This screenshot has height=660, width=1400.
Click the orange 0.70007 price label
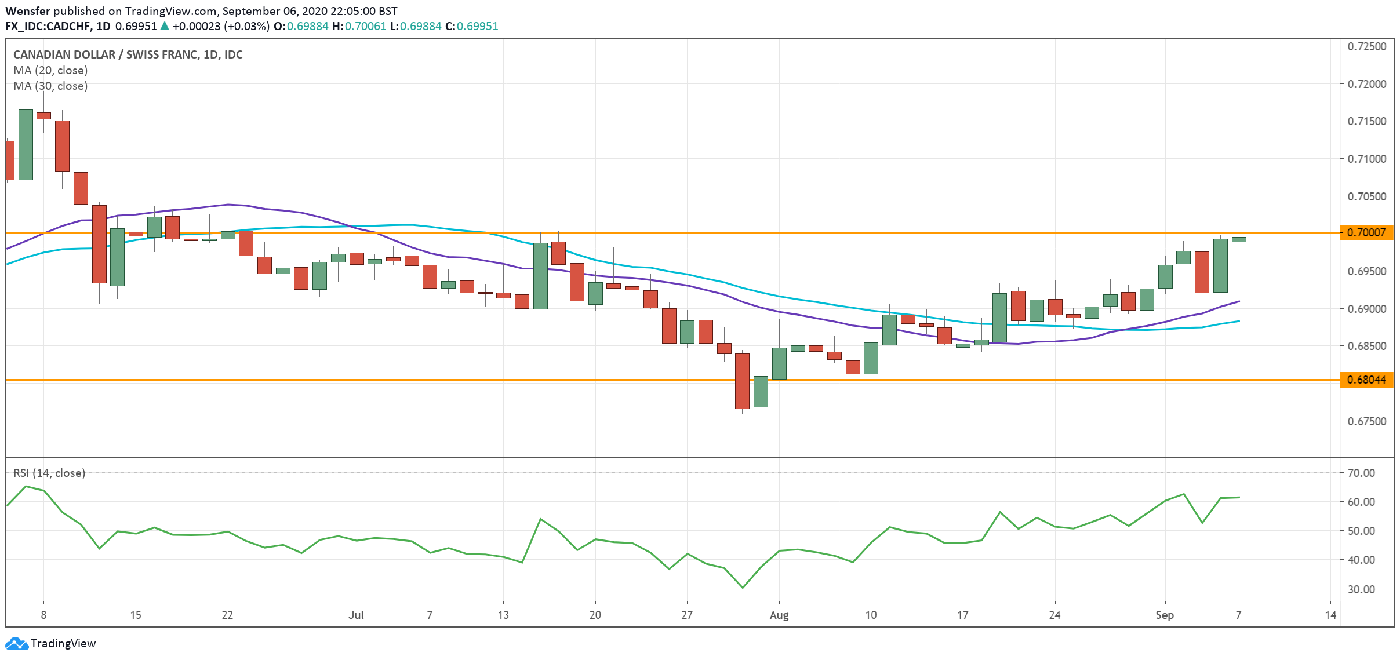[x=1366, y=232]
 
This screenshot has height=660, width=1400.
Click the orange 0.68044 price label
[x=1366, y=380]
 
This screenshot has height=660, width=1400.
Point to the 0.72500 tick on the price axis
[x=1366, y=46]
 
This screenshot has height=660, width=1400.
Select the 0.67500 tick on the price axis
[x=1366, y=421]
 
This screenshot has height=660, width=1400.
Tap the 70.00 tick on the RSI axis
[x=1361, y=473]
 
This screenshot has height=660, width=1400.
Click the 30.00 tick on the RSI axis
[x=1361, y=589]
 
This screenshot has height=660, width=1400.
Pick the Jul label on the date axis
[x=356, y=615]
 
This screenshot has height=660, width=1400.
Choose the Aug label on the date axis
[x=779, y=615]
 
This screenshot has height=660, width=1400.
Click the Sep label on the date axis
[x=1164, y=615]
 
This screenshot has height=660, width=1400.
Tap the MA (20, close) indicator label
[x=50, y=70]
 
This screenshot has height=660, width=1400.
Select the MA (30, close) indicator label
[x=50, y=86]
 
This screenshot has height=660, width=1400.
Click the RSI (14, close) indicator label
[x=49, y=473]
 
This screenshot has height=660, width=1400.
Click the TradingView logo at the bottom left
[x=50, y=643]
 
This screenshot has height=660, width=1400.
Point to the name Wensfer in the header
[x=28, y=11]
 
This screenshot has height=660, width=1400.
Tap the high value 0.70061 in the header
[x=365, y=26]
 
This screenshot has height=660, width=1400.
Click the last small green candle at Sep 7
[x=1238, y=239]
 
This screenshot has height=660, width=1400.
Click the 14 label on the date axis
[x=1330, y=615]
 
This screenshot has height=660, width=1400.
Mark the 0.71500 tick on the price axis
[x=1366, y=121]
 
